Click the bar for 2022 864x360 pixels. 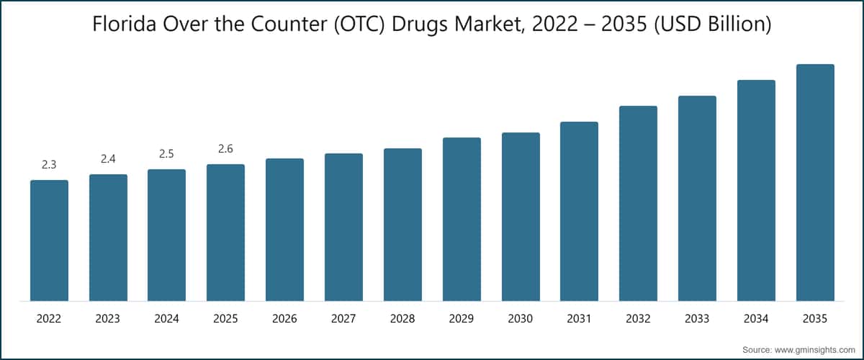50,240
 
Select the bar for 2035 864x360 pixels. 815,182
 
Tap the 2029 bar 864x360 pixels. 462,219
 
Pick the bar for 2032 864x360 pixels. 639,203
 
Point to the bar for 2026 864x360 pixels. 284,230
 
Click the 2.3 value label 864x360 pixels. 49,165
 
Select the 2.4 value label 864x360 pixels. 108,159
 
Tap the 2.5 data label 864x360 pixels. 166,154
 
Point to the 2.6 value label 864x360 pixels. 225,149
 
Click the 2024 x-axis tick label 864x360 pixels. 166,319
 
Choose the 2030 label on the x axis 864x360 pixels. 521,319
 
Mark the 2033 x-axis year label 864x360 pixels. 697,319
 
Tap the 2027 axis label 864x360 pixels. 343,319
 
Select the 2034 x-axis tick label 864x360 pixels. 756,319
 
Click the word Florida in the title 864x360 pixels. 124,24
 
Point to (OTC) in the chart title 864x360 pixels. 359,24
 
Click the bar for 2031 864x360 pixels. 580,212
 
